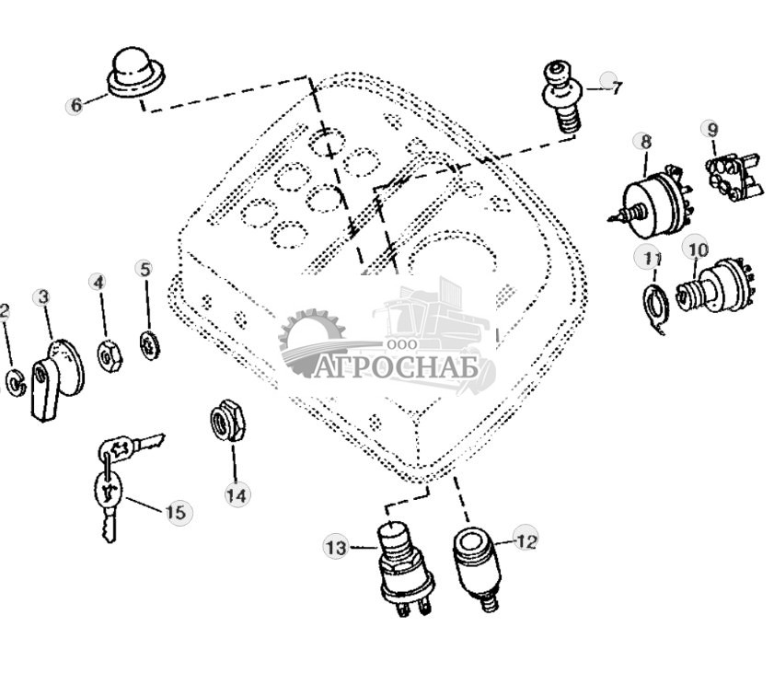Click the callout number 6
[x=75, y=105]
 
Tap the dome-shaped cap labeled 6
[x=135, y=73]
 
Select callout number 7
[x=616, y=87]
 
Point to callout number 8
[x=646, y=142]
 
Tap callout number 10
[x=698, y=249]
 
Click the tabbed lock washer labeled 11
[x=655, y=307]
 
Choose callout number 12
[x=526, y=541]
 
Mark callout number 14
[x=237, y=495]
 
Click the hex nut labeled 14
[x=228, y=421]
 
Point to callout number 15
[x=176, y=512]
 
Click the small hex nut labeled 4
[x=110, y=356]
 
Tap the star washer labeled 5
[x=150, y=345]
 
